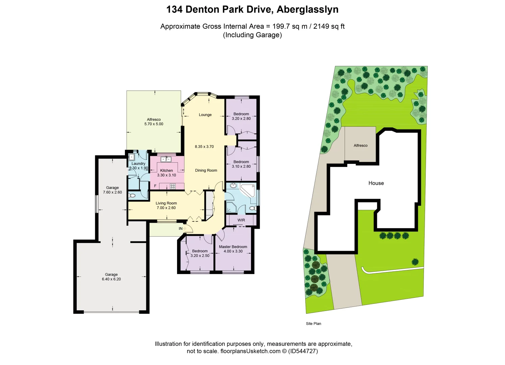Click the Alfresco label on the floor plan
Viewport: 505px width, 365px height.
click(154, 119)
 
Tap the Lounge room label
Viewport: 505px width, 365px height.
click(205, 115)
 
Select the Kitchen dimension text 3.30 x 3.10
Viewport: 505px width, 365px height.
click(167, 175)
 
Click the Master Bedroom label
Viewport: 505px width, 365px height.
click(233, 247)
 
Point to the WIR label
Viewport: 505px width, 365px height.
click(241, 220)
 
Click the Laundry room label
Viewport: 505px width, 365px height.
click(138, 164)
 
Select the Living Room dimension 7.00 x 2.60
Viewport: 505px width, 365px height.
click(166, 208)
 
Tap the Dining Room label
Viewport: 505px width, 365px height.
click(206, 170)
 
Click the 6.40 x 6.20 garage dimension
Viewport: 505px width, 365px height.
click(111, 279)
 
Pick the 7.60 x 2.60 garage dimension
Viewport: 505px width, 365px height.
click(112, 192)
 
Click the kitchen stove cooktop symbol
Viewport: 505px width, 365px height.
click(173, 186)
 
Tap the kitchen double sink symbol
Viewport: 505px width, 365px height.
click(166, 159)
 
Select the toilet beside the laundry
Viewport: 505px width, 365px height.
click(132, 195)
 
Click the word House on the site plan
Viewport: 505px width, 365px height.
click(376, 183)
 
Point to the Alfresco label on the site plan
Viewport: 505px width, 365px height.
click(360, 146)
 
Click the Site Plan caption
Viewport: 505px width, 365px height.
click(313, 324)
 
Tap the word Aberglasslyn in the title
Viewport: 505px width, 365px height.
click(307, 9)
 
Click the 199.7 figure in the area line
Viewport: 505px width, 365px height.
click(281, 26)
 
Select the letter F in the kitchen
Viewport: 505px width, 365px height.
click(155, 186)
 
